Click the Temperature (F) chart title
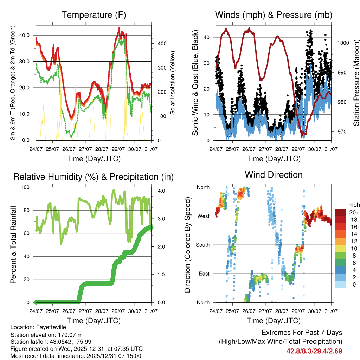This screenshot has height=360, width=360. (94, 15)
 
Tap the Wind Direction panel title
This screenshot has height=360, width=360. (274, 175)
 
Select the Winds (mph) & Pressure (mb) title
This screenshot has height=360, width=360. (274, 15)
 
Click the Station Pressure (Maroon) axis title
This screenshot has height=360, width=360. (356, 83)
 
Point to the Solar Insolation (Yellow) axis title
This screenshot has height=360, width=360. (173, 83)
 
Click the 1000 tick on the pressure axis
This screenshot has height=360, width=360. (342, 43)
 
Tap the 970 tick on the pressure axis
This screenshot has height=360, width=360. (341, 132)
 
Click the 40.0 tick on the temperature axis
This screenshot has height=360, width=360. (29, 35)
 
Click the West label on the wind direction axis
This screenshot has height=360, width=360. (204, 216)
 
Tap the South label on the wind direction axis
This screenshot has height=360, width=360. (202, 245)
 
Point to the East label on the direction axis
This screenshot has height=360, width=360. (204, 274)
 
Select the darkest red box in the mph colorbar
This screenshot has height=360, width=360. (340, 212)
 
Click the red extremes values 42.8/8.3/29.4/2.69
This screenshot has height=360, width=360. (314, 351)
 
